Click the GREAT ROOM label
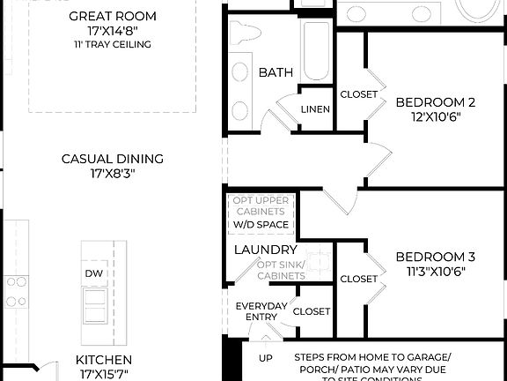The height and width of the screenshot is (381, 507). [x=112, y=16]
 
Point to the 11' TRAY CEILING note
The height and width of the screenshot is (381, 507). [x=112, y=44]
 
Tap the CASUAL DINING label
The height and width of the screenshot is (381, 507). [x=112, y=159]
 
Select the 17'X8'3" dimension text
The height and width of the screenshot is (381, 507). [x=112, y=173]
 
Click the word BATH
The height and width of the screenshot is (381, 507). [x=276, y=72]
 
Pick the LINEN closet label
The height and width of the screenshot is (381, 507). [x=315, y=109]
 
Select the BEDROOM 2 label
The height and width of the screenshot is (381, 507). [x=435, y=101]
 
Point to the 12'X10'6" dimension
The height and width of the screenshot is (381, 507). [x=435, y=116]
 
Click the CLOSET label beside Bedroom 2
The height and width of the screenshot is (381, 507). [x=358, y=94]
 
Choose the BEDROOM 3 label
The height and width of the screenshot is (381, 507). [x=435, y=257]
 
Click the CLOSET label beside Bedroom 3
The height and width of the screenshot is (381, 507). [x=358, y=279]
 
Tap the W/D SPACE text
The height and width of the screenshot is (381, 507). [x=261, y=225]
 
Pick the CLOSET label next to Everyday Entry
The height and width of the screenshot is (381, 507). [x=312, y=311]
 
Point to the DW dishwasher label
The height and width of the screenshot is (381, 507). [x=94, y=274]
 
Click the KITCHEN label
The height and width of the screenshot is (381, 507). [x=103, y=360]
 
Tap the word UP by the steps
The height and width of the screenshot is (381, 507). [x=264, y=358]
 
